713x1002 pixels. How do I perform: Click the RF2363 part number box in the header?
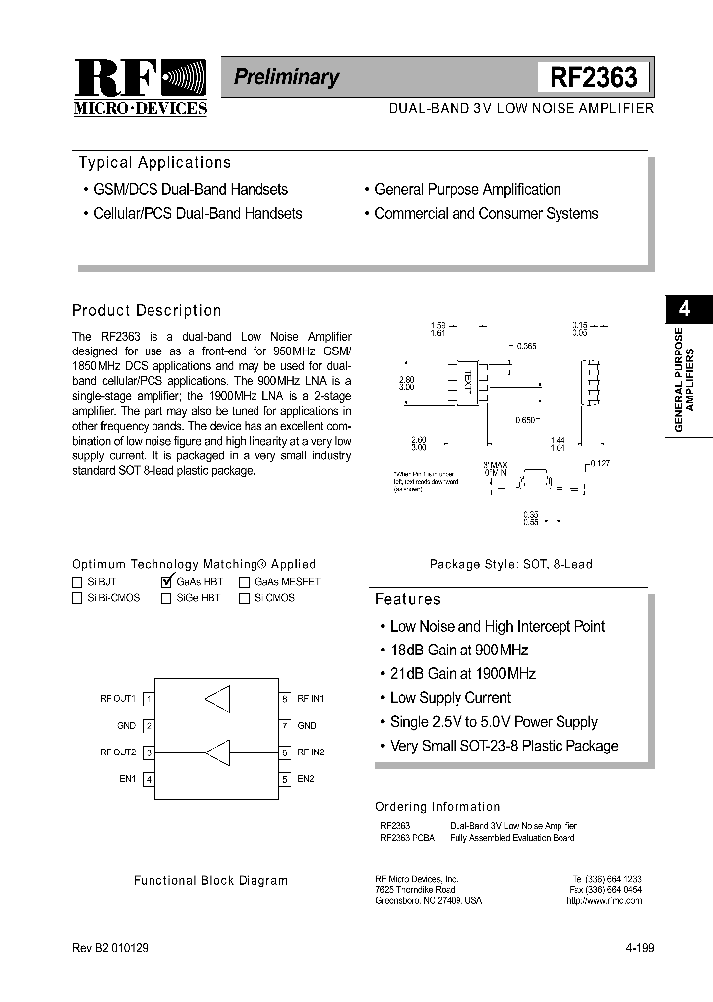click(x=593, y=77)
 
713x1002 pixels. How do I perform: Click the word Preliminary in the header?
click(x=286, y=77)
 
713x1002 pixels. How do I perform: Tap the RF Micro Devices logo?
click(x=140, y=86)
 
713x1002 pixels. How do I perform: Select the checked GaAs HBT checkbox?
click(x=166, y=582)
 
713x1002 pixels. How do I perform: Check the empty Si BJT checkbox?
click(x=77, y=583)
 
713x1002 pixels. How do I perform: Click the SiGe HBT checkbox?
click(x=166, y=598)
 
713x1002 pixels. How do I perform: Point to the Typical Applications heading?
click(x=153, y=163)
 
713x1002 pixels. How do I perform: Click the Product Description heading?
click(x=147, y=310)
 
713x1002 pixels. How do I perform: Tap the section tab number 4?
click(x=684, y=309)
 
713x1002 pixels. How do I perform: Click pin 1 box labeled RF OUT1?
click(x=149, y=699)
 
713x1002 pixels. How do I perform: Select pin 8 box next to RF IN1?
click(x=284, y=699)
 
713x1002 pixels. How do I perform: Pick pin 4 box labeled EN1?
click(x=149, y=779)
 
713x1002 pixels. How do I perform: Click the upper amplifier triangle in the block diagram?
click(x=217, y=699)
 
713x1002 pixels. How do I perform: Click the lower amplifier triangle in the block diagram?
click(x=216, y=753)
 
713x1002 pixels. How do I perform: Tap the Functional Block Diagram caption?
click(x=211, y=880)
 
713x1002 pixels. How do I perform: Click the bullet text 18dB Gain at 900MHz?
click(x=458, y=651)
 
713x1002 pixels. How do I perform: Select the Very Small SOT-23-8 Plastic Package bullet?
click(x=503, y=746)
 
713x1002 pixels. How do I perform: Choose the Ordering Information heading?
click(x=438, y=807)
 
